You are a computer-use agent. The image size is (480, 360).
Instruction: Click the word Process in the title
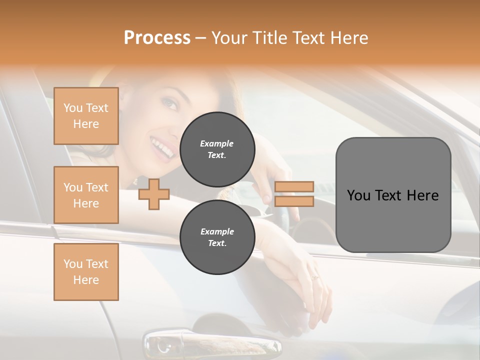(157, 38)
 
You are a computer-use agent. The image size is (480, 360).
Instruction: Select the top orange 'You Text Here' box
(86, 116)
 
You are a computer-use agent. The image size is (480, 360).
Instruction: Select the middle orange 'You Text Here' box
(86, 195)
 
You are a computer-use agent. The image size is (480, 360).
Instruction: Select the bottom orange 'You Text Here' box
(86, 271)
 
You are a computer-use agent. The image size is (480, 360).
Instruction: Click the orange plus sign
(153, 194)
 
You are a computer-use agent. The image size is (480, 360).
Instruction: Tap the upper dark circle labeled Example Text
(217, 149)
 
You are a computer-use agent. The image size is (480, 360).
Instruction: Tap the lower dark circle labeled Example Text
(217, 237)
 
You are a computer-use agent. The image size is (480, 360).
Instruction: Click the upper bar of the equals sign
(294, 186)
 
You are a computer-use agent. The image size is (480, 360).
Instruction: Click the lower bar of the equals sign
(294, 201)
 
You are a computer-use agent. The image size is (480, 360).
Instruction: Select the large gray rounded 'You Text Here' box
(393, 195)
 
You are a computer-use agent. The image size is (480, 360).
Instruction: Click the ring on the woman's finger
(314, 277)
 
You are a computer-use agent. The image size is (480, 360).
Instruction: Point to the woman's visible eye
(171, 105)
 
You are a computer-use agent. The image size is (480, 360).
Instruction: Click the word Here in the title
(348, 38)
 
